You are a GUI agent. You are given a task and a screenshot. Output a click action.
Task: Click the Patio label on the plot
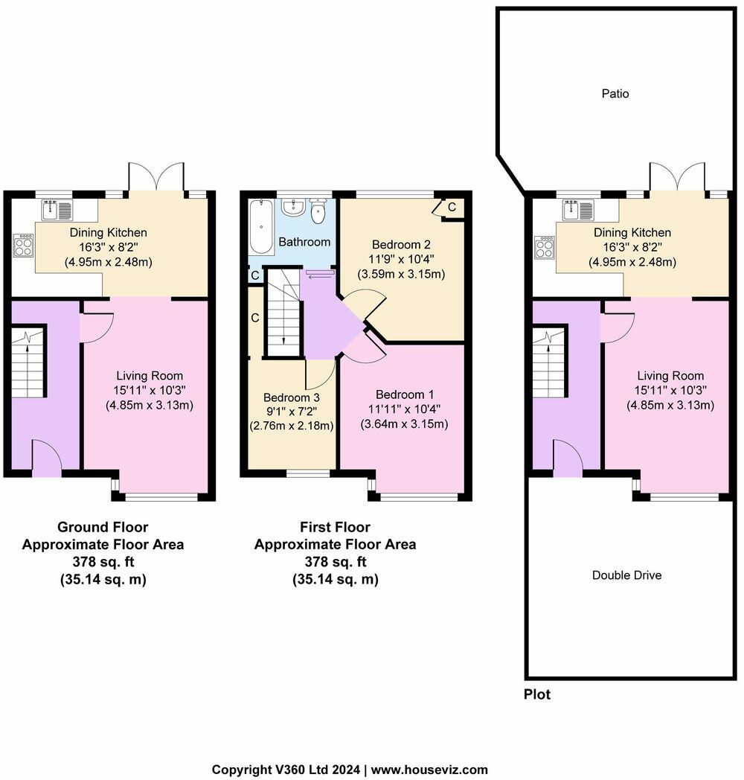(615, 94)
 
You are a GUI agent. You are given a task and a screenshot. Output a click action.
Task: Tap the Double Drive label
(626, 575)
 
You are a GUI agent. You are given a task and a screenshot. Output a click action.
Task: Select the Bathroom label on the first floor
(304, 242)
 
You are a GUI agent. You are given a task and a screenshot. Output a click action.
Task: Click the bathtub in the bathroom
(261, 226)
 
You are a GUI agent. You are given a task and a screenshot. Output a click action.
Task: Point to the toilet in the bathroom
(319, 211)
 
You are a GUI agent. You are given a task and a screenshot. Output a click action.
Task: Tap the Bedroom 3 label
(290, 397)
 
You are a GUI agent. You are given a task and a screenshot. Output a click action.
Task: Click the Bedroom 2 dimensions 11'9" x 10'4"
(401, 259)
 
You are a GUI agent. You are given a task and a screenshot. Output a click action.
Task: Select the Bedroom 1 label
(401, 394)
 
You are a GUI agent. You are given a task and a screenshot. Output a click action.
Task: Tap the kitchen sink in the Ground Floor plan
(57, 211)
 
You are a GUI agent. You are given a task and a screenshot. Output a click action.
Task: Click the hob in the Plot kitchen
(545, 246)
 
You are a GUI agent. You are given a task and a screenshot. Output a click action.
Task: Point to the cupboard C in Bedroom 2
(451, 206)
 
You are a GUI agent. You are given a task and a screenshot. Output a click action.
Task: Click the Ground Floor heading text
(103, 528)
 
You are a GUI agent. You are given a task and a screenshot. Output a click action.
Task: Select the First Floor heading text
(335, 528)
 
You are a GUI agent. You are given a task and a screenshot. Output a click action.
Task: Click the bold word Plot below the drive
(537, 695)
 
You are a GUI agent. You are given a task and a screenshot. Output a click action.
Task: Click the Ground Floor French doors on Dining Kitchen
(156, 178)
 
